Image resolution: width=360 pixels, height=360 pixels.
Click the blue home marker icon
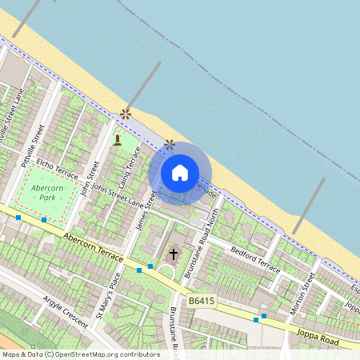click(180, 173)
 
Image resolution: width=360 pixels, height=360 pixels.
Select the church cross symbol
click(172, 255)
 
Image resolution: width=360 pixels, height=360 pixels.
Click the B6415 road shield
click(202, 300)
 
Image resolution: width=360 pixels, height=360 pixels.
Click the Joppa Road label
click(318, 326)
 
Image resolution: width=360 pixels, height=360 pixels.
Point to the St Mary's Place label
click(108, 297)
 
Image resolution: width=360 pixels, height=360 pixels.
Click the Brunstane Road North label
click(202, 241)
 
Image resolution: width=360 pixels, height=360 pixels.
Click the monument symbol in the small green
click(117, 141)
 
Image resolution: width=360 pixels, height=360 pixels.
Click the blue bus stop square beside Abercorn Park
click(44, 219)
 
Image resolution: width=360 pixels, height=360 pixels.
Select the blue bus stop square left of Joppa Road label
click(256, 319)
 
